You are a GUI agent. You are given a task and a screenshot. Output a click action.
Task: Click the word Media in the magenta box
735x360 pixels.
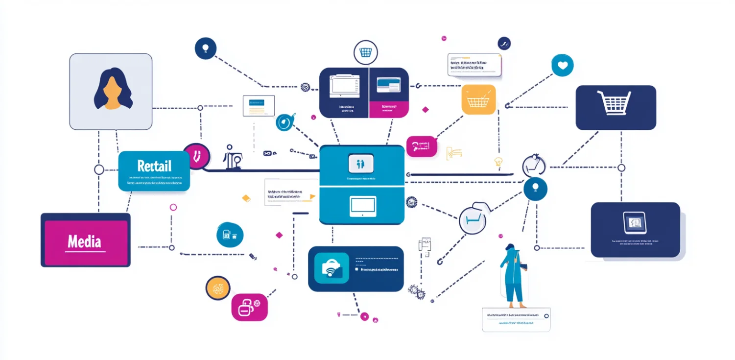(x=85, y=241)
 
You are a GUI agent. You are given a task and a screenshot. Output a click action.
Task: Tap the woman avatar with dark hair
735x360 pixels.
(x=113, y=89)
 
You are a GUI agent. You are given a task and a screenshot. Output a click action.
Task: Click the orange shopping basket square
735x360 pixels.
(x=478, y=99)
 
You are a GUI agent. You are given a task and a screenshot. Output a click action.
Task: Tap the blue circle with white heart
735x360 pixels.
(x=562, y=65)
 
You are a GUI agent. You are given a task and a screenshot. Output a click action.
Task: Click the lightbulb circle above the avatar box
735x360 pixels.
(x=205, y=48)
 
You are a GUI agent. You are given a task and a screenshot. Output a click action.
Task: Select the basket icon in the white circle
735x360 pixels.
(x=365, y=52)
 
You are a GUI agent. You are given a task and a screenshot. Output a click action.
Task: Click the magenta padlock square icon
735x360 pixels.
(x=249, y=307)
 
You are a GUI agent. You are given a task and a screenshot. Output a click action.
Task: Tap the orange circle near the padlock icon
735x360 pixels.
(x=218, y=288)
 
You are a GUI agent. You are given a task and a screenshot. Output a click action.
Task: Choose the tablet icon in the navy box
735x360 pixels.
(x=635, y=223)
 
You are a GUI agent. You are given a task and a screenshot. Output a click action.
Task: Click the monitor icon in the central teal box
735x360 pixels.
(x=363, y=206)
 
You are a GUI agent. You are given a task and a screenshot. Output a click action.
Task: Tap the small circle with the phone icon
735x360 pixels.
(x=504, y=44)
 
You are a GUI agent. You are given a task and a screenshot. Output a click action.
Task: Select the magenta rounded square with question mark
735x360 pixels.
(x=421, y=146)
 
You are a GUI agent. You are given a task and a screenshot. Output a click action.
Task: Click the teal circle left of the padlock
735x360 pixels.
(x=230, y=235)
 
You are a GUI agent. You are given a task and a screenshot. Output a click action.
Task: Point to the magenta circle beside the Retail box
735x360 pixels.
(x=196, y=156)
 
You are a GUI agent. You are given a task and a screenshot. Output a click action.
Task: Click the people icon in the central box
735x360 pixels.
(x=360, y=163)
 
